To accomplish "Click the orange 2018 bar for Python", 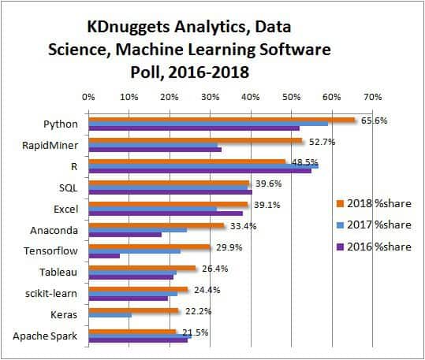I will pos(221,119).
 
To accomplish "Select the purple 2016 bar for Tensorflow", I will pos(104,255).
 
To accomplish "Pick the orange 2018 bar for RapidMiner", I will pos(195,140).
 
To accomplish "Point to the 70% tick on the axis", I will pos(371,97).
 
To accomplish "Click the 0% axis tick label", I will pos(88,97).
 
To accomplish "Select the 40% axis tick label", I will pos(250,97).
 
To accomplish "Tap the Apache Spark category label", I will pos(45,336).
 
